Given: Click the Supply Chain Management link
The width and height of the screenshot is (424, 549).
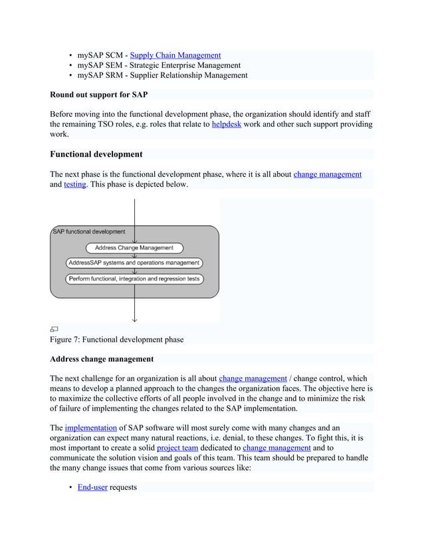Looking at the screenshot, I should click(x=175, y=55).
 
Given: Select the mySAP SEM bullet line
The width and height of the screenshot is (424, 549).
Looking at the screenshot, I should click(x=159, y=65).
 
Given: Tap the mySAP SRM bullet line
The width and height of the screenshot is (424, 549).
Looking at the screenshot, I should click(x=162, y=75).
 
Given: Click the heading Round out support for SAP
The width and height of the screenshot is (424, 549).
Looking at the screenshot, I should click(x=99, y=95).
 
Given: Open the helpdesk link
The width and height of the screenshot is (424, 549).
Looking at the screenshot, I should click(x=226, y=124).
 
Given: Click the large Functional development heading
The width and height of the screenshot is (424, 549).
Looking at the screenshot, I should click(x=96, y=154).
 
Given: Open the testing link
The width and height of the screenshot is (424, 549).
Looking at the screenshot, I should click(x=74, y=184).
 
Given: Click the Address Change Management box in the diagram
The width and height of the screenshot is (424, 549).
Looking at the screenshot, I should click(x=134, y=248).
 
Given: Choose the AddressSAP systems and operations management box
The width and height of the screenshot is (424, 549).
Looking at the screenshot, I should click(x=134, y=263).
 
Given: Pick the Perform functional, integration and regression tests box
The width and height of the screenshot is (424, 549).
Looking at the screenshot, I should click(x=134, y=279).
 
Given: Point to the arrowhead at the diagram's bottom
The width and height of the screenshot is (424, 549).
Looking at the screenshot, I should click(x=135, y=319).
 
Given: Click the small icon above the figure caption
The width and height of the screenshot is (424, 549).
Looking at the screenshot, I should click(x=54, y=329).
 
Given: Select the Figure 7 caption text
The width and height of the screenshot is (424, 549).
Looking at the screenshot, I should click(x=116, y=340).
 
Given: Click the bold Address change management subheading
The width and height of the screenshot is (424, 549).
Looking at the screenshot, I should click(x=102, y=359).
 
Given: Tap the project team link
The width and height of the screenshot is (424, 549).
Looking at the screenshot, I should click(x=177, y=448).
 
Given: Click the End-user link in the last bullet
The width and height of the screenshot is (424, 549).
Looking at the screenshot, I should click(x=92, y=487).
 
